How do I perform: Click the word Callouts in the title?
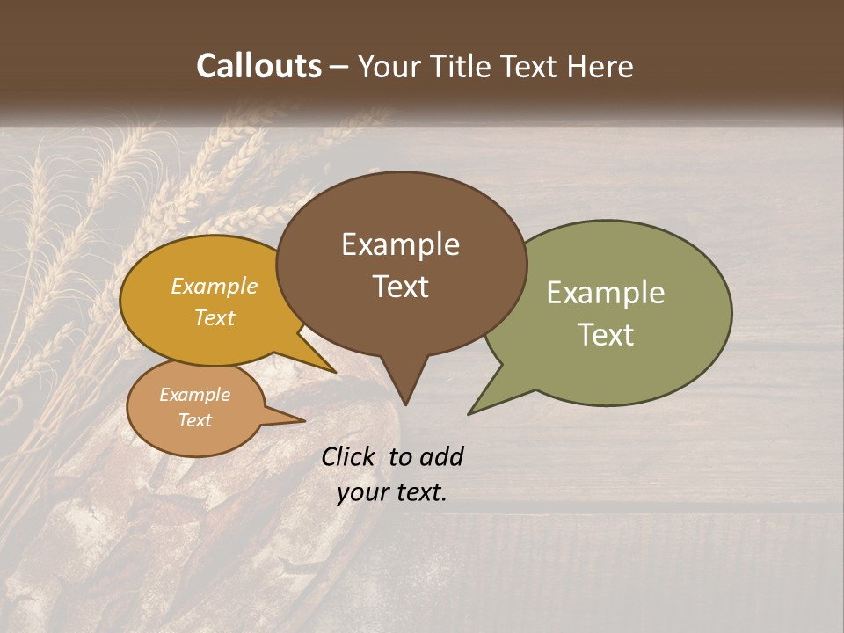coord(258,66)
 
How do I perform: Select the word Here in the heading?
coord(600,66)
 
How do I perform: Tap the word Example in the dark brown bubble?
coord(400,244)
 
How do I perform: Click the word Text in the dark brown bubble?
coord(400,287)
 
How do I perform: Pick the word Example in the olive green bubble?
coord(606,293)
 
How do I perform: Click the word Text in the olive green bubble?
coord(606,335)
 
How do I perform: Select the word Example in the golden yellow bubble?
coord(214,286)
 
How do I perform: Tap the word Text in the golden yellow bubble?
coord(214,317)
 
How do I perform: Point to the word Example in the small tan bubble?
coord(194,395)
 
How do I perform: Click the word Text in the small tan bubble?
coord(194,420)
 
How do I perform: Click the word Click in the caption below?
coord(350,456)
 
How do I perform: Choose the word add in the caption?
coord(441,456)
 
